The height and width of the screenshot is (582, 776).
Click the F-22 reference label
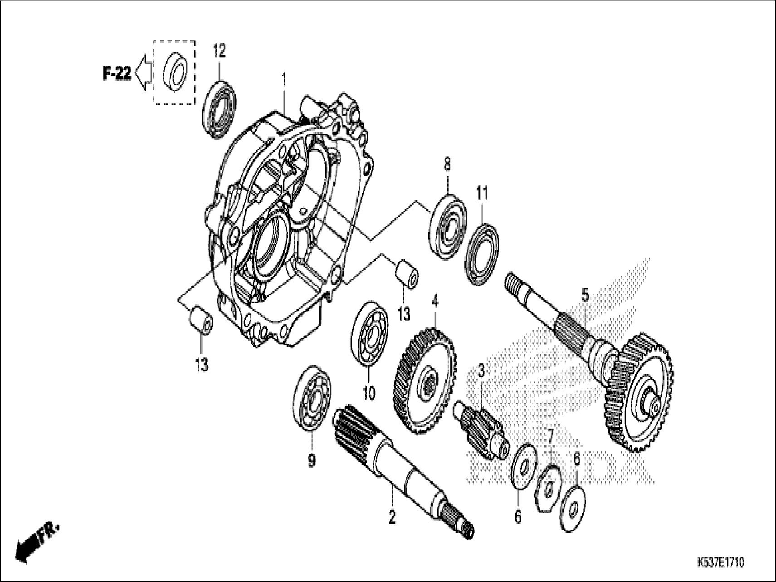tap(117, 73)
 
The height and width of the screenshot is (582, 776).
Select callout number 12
tap(219, 51)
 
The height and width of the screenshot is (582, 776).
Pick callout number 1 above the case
tap(284, 82)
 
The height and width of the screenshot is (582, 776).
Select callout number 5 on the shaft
tap(585, 295)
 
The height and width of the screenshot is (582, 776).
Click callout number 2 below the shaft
tap(392, 517)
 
